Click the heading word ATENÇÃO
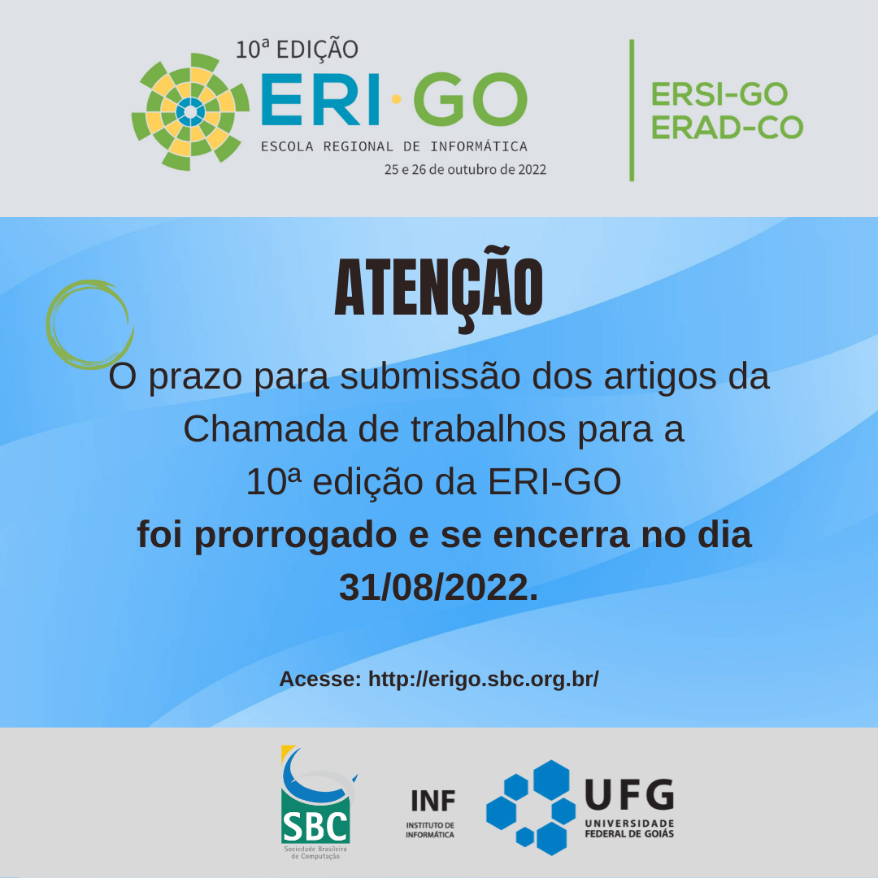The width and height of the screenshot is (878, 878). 438,289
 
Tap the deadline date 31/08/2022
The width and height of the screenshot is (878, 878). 438,588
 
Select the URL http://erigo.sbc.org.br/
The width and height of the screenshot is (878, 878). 483,679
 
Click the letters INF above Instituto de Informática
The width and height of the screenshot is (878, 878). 432,801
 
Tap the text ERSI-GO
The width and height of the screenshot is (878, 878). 719,94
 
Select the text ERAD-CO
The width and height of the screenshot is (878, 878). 727,128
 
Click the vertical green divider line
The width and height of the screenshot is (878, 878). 632,111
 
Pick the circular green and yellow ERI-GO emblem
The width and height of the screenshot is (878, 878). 190,112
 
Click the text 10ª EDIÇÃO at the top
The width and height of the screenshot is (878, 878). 297,50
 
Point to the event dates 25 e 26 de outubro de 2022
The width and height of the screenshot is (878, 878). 465,170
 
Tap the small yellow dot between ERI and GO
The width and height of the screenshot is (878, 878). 397,99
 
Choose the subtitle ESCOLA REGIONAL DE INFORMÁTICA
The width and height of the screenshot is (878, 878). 394,146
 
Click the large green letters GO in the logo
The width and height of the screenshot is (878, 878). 471,99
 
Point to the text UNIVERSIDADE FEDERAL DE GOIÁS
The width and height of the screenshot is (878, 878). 629,828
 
